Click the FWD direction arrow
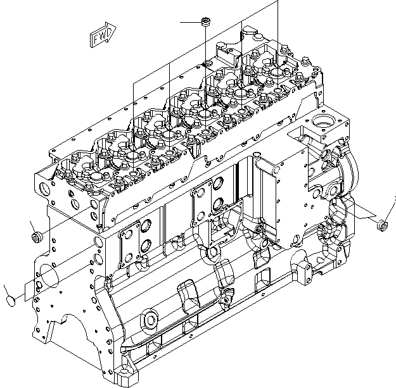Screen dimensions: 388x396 [x=102, y=37]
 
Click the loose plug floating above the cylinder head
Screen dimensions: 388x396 [x=205, y=23]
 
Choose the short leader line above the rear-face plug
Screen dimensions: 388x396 [x=32, y=225]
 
